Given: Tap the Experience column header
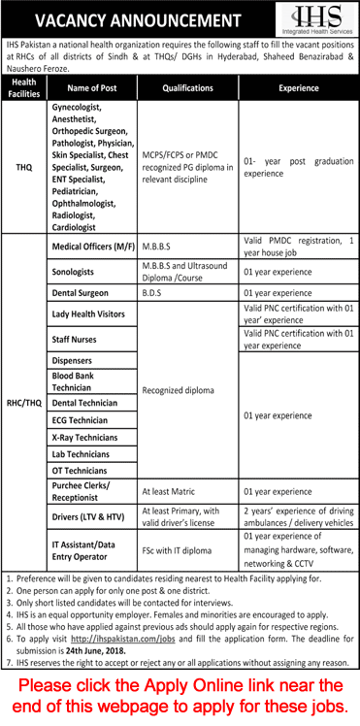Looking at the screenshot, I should (297, 87).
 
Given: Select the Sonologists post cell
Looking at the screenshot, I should (80, 273).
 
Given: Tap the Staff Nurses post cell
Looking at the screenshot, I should (80, 340).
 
